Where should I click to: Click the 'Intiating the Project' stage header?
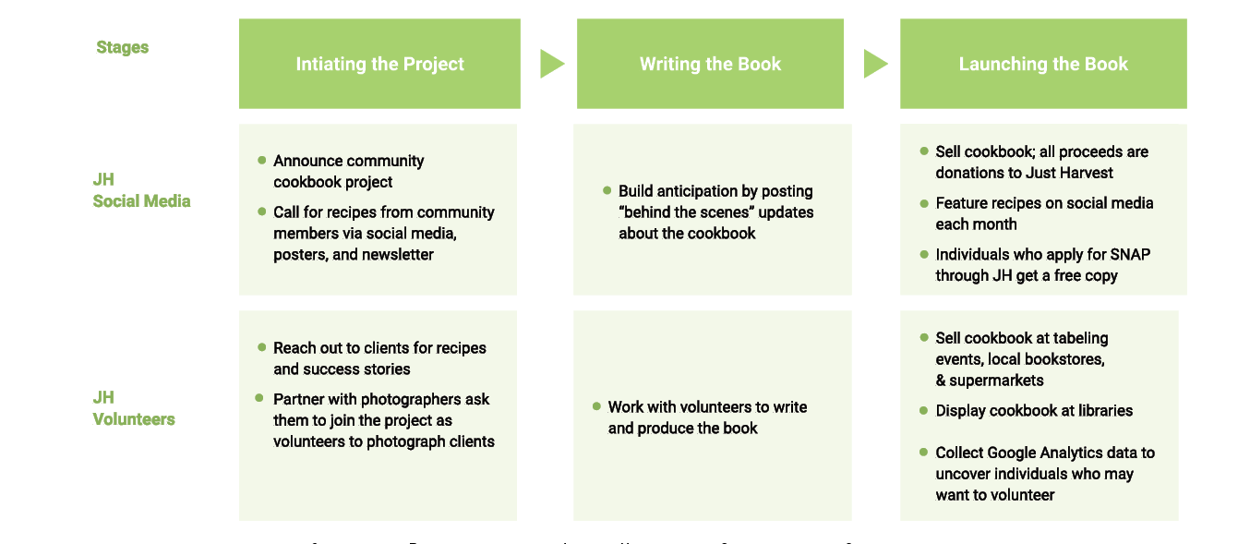tap(379, 64)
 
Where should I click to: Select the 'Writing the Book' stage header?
tap(710, 64)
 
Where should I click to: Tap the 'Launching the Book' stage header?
tap(1043, 64)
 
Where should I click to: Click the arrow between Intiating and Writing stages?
tap(551, 64)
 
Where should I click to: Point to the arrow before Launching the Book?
tap(874, 64)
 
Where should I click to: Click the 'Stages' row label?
tap(122, 47)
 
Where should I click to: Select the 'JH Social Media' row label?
tap(141, 190)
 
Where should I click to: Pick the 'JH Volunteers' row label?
tap(134, 408)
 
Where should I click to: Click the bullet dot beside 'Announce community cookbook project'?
tap(262, 161)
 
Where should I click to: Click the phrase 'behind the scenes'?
tap(679, 212)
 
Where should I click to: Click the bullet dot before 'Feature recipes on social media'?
tap(924, 203)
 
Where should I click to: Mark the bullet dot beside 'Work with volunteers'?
tap(596, 407)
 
